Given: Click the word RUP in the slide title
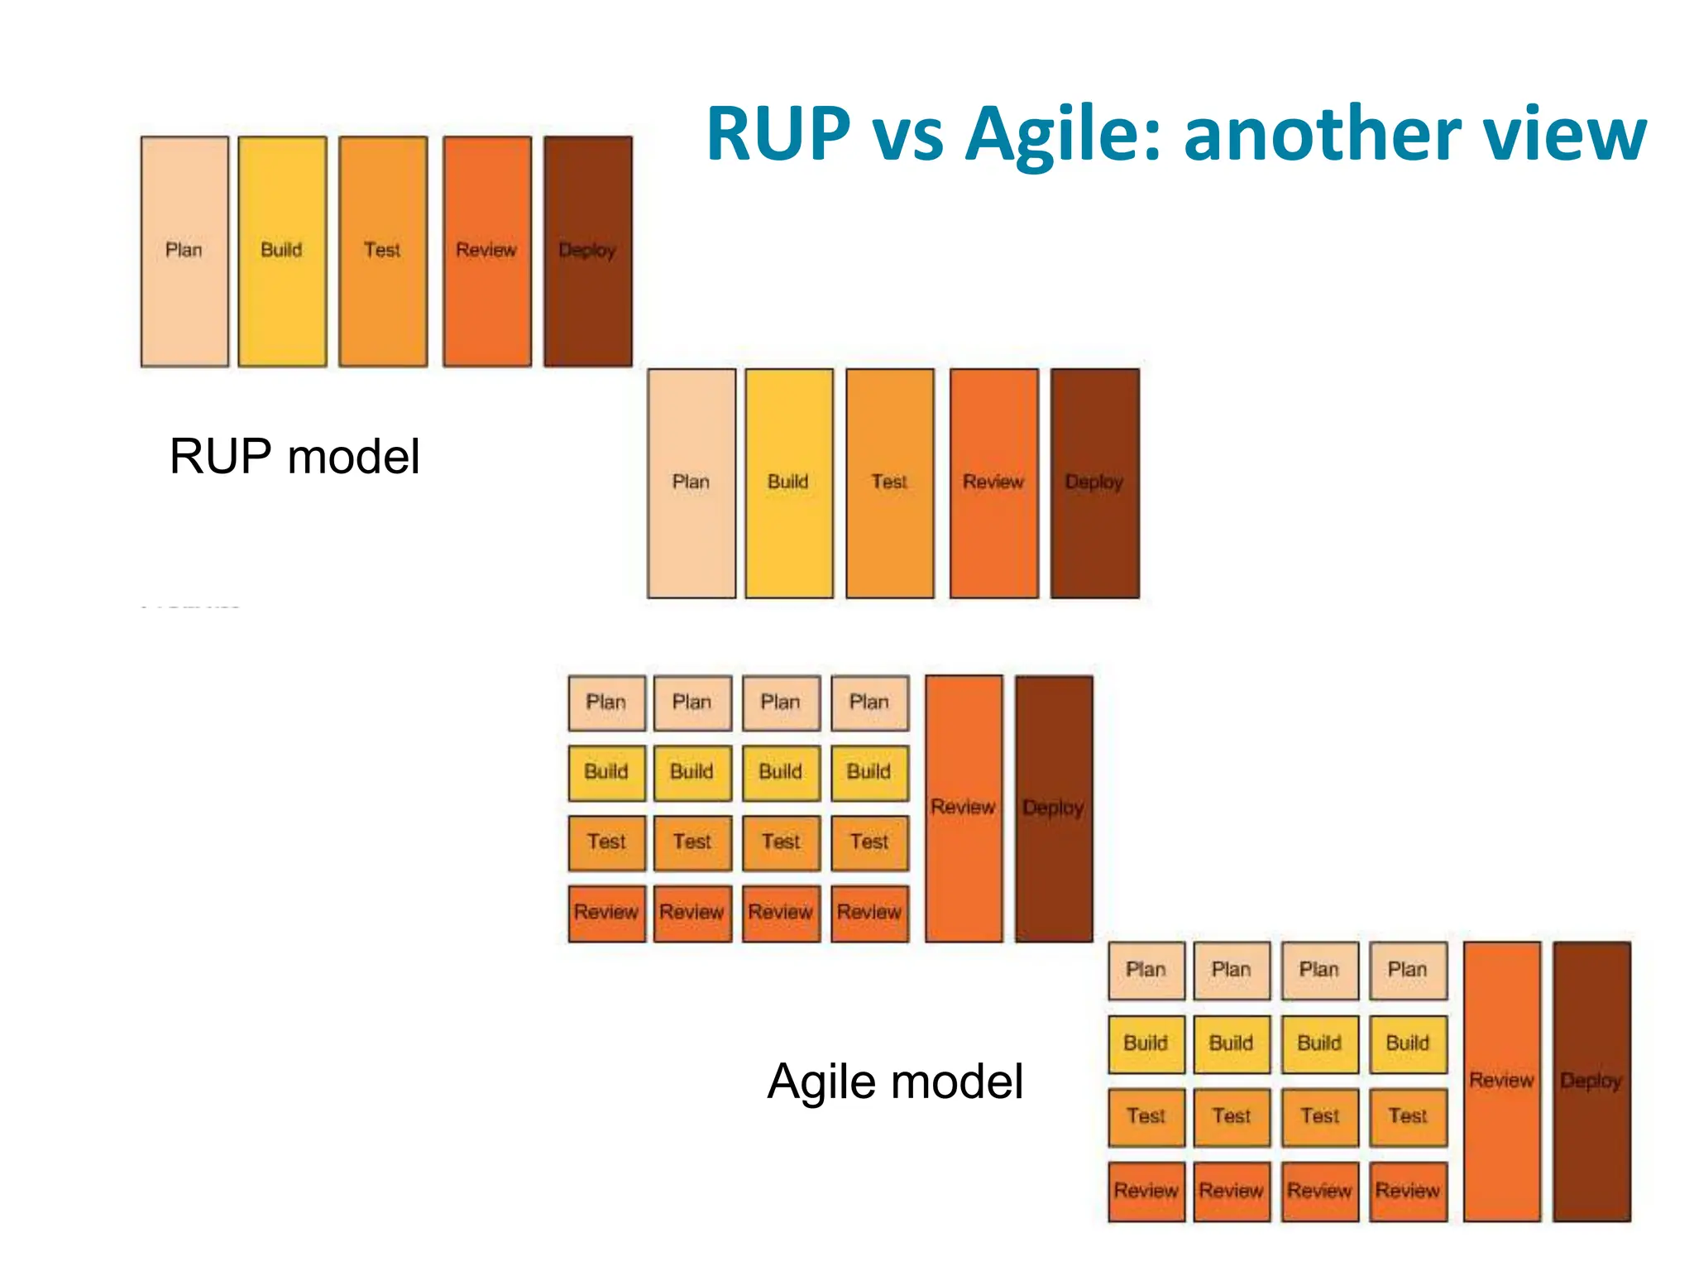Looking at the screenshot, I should click(x=778, y=134).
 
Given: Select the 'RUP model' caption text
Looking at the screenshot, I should click(x=294, y=456).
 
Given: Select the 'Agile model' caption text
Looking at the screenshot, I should click(x=895, y=1081).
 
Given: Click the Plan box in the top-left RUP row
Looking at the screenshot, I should click(x=184, y=251).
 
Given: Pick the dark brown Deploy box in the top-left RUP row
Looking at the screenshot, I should click(x=587, y=251).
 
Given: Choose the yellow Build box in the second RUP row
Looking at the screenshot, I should click(x=788, y=483).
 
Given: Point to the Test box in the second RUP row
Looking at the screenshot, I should click(x=889, y=483).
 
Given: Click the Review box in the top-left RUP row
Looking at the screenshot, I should click(x=486, y=251).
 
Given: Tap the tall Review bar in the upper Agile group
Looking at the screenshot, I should click(x=963, y=808).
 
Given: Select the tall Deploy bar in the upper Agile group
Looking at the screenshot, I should click(x=1053, y=808).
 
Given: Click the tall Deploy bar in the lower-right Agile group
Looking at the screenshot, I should click(x=1591, y=1081).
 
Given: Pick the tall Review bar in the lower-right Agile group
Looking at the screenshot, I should click(x=1501, y=1081).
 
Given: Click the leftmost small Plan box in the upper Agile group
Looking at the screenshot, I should click(x=606, y=703).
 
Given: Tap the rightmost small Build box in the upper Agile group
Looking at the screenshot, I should click(x=869, y=772).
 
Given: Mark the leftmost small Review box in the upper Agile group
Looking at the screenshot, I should click(x=606, y=913).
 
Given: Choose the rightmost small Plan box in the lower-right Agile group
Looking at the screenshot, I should click(x=1407, y=970).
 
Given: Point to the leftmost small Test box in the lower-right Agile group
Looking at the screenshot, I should click(x=1146, y=1116).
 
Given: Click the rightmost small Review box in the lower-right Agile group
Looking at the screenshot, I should click(x=1407, y=1191).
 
